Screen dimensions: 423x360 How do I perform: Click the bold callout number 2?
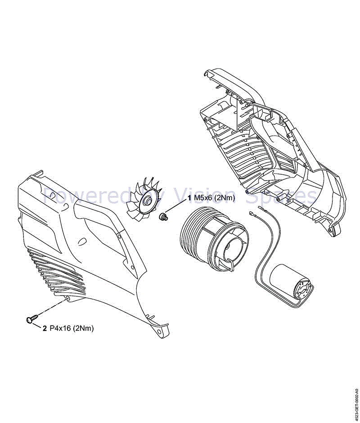[x=45, y=328]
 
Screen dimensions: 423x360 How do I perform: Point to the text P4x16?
[x=60, y=328]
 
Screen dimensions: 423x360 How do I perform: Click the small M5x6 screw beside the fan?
[x=164, y=217]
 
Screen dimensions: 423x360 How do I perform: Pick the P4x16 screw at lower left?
[x=30, y=319]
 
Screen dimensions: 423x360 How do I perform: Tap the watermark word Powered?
[x=79, y=196]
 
